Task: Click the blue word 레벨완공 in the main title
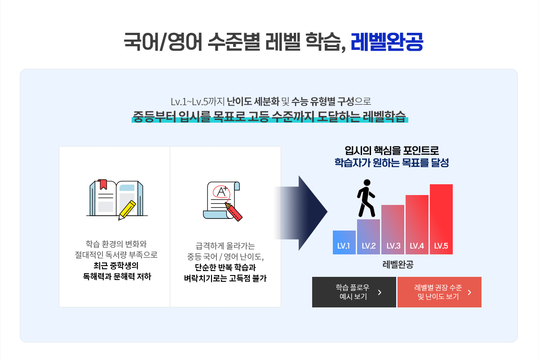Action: click(x=387, y=42)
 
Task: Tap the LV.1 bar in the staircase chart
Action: click(x=344, y=242)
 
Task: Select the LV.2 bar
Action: click(x=368, y=237)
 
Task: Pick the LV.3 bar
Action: click(x=393, y=230)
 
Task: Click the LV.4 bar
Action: click(x=417, y=224)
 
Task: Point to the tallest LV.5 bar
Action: click(x=441, y=219)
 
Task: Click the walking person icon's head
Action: click(x=367, y=182)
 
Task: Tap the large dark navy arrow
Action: click(x=301, y=213)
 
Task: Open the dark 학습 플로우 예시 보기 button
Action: click(x=354, y=292)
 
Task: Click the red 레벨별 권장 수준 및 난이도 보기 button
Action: click(x=439, y=292)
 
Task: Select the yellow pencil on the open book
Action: click(x=127, y=210)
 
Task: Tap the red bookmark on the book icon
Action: click(x=102, y=184)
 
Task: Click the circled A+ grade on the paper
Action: click(x=221, y=191)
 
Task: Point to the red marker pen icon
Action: click(x=234, y=211)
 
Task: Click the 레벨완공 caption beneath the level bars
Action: click(x=398, y=264)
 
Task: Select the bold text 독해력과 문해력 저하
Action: click(x=117, y=276)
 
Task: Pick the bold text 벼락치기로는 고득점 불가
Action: click(x=225, y=278)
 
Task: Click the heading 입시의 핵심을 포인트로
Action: click(x=392, y=151)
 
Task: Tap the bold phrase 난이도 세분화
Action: click(x=253, y=102)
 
